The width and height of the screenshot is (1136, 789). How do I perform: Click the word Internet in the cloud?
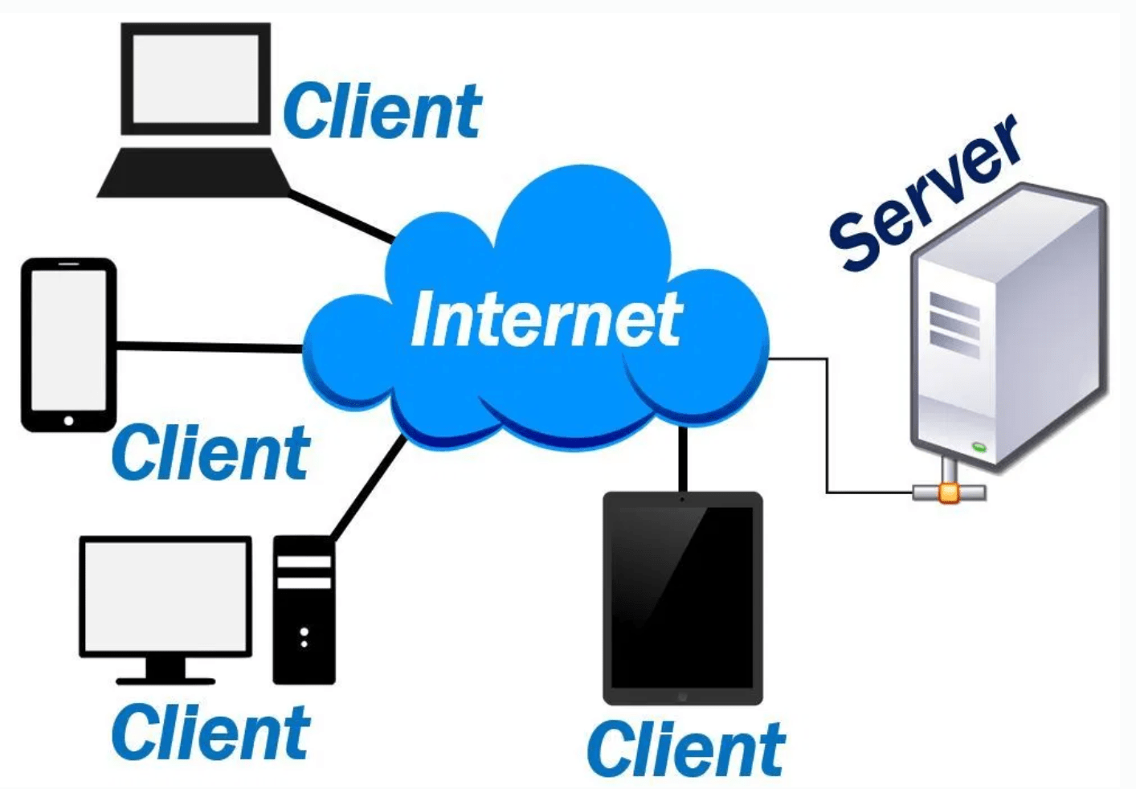click(x=546, y=321)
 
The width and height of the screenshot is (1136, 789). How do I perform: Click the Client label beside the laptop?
click(x=382, y=112)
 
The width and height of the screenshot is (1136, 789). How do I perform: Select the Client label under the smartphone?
click(x=210, y=453)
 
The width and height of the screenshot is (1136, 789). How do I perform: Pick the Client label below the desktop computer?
click(x=210, y=732)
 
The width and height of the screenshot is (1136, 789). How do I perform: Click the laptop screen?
click(x=195, y=78)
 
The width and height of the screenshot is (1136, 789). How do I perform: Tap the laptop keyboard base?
click(x=193, y=173)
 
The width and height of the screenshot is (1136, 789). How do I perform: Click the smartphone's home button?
click(x=68, y=420)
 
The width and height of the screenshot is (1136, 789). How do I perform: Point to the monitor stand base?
click(x=165, y=680)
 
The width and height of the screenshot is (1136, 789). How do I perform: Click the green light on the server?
click(x=979, y=446)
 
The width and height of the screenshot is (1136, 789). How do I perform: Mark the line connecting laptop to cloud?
click(x=341, y=217)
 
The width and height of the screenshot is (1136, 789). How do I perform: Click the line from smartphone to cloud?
click(x=209, y=347)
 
